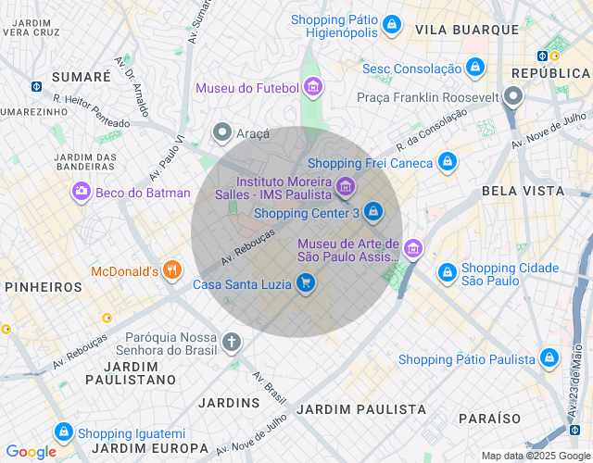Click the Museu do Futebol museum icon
(x=313, y=88)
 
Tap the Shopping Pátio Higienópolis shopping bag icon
(x=392, y=23)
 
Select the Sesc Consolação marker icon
(x=474, y=68)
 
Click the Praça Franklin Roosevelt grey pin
(x=513, y=95)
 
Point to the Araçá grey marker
(x=221, y=132)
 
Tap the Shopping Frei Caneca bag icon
(x=447, y=162)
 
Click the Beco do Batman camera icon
(x=82, y=192)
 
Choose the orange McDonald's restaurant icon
(x=171, y=271)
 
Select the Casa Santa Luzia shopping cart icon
(x=306, y=284)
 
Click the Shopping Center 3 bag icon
(x=372, y=212)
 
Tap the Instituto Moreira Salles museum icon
(x=345, y=188)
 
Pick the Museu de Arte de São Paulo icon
(x=412, y=248)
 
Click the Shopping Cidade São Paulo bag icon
(x=447, y=272)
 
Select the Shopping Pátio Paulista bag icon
(x=549, y=357)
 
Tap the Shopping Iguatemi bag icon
(x=63, y=432)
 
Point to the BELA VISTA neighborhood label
(x=523, y=191)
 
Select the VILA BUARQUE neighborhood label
(x=467, y=30)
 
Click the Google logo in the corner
(x=31, y=452)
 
